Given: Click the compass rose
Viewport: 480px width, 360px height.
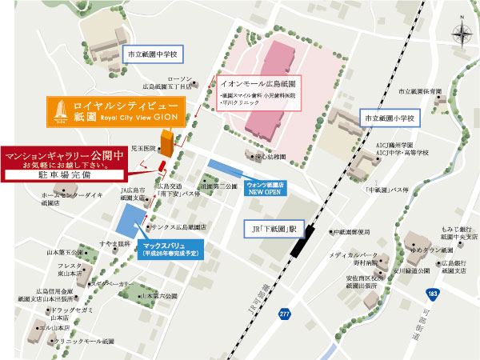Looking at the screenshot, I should click(463, 34).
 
